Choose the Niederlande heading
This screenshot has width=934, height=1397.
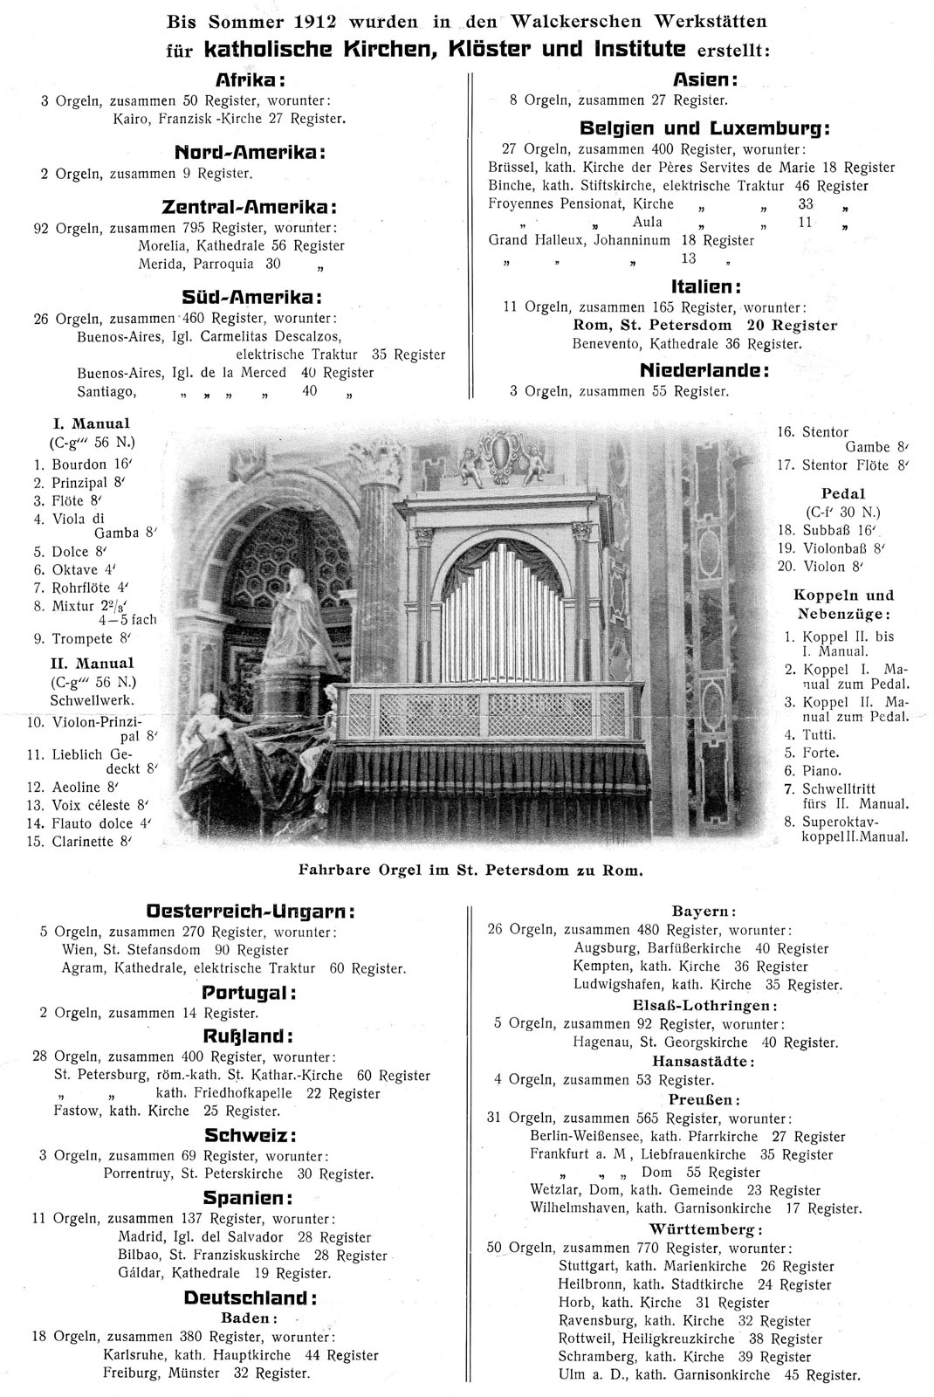(704, 370)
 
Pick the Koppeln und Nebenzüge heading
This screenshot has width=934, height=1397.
(843, 603)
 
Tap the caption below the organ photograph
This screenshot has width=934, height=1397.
(470, 871)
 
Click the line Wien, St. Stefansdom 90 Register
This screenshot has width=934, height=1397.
(175, 949)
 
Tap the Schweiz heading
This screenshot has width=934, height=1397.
(251, 1136)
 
